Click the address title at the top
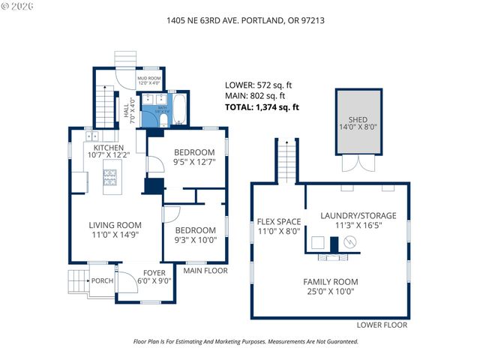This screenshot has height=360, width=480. click(x=240, y=20)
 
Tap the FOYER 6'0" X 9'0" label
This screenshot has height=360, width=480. click(x=156, y=277)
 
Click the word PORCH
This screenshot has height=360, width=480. click(x=101, y=280)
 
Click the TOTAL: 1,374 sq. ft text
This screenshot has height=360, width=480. click(x=262, y=107)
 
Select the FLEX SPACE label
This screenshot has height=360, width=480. click(x=279, y=226)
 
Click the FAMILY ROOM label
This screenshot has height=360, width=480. click(x=330, y=286)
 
